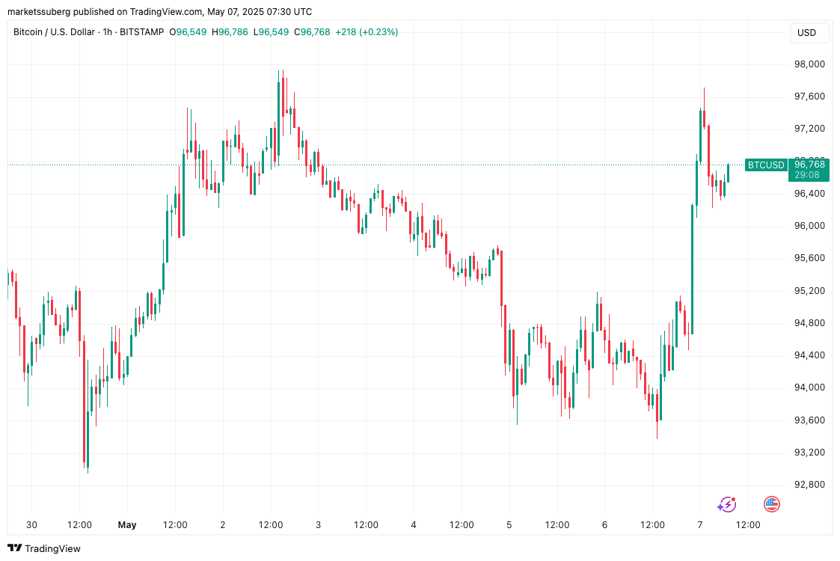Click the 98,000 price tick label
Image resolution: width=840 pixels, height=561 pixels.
[809, 64]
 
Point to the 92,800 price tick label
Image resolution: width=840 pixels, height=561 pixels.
[809, 485]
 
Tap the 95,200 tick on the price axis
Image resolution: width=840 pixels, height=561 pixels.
[809, 291]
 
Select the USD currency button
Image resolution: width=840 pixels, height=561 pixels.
[807, 33]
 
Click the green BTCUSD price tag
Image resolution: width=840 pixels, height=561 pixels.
[766, 165]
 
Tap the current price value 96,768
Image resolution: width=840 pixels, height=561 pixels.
[809, 165]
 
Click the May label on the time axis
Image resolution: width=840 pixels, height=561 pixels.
[127, 525]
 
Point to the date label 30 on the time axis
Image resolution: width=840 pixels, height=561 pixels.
[31, 525]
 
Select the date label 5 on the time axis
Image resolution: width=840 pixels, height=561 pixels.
[509, 525]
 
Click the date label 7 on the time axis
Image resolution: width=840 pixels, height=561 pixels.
[700, 525]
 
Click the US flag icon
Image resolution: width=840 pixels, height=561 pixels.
[771, 504]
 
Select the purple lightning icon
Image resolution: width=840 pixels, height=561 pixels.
[726, 504]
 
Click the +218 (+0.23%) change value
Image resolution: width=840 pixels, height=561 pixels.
[367, 32]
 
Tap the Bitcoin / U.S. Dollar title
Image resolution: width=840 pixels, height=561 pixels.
[54, 32]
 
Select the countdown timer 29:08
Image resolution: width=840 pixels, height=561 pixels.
[806, 175]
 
